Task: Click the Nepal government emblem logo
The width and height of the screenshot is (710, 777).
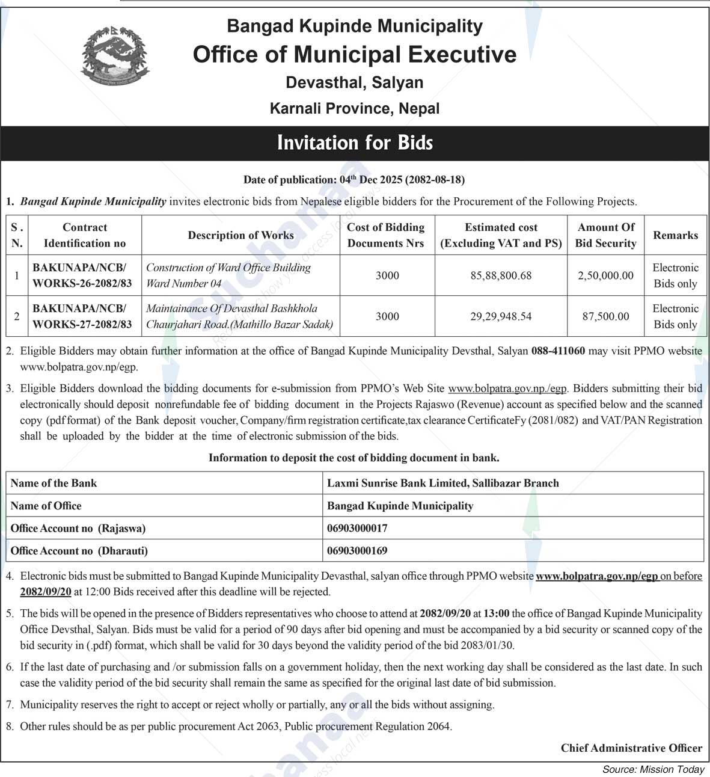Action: click(x=114, y=56)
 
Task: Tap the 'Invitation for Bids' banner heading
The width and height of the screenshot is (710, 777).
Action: click(x=355, y=143)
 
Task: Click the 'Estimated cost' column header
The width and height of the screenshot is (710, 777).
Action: click(x=501, y=235)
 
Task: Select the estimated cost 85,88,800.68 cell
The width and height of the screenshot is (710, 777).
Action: click(x=501, y=275)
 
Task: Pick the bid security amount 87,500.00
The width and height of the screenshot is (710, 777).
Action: click(x=606, y=316)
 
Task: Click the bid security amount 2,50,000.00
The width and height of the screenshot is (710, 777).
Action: click(x=606, y=275)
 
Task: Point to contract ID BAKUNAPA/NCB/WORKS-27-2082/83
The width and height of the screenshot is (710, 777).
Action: click(x=82, y=316)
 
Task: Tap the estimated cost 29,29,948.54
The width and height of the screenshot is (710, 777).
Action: click(x=501, y=316)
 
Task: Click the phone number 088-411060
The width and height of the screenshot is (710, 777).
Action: click(x=558, y=351)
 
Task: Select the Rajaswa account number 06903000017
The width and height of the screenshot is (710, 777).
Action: click(x=357, y=528)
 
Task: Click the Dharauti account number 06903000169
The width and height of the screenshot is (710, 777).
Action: click(x=357, y=550)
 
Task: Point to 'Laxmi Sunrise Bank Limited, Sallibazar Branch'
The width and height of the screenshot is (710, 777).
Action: click(x=443, y=483)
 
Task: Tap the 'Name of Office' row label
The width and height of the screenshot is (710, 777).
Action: click(x=46, y=506)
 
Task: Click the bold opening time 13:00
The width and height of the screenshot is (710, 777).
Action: click(x=496, y=613)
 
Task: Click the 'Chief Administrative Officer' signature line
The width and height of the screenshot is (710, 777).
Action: click(x=631, y=748)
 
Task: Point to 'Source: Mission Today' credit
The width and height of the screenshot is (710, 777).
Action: click(x=653, y=769)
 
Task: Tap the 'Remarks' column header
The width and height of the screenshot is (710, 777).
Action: click(x=675, y=235)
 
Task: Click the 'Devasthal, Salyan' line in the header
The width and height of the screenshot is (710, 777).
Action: click(x=355, y=82)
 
